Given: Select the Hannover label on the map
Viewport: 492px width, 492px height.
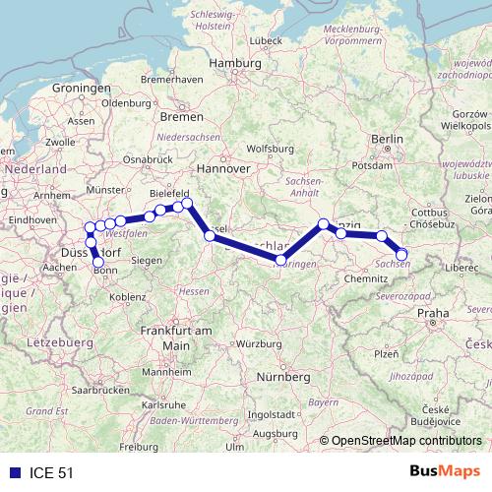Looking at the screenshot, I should point(222,168).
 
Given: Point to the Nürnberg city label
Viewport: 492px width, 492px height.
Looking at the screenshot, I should point(281,377).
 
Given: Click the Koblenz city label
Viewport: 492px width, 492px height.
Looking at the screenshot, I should point(128,295).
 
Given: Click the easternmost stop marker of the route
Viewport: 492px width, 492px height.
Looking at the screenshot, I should point(401,255).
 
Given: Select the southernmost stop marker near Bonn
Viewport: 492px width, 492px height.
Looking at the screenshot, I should point(97,262).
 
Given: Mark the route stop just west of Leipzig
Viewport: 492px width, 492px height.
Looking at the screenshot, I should point(324,224).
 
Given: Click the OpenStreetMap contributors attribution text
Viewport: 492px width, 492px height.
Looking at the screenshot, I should point(405,441).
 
